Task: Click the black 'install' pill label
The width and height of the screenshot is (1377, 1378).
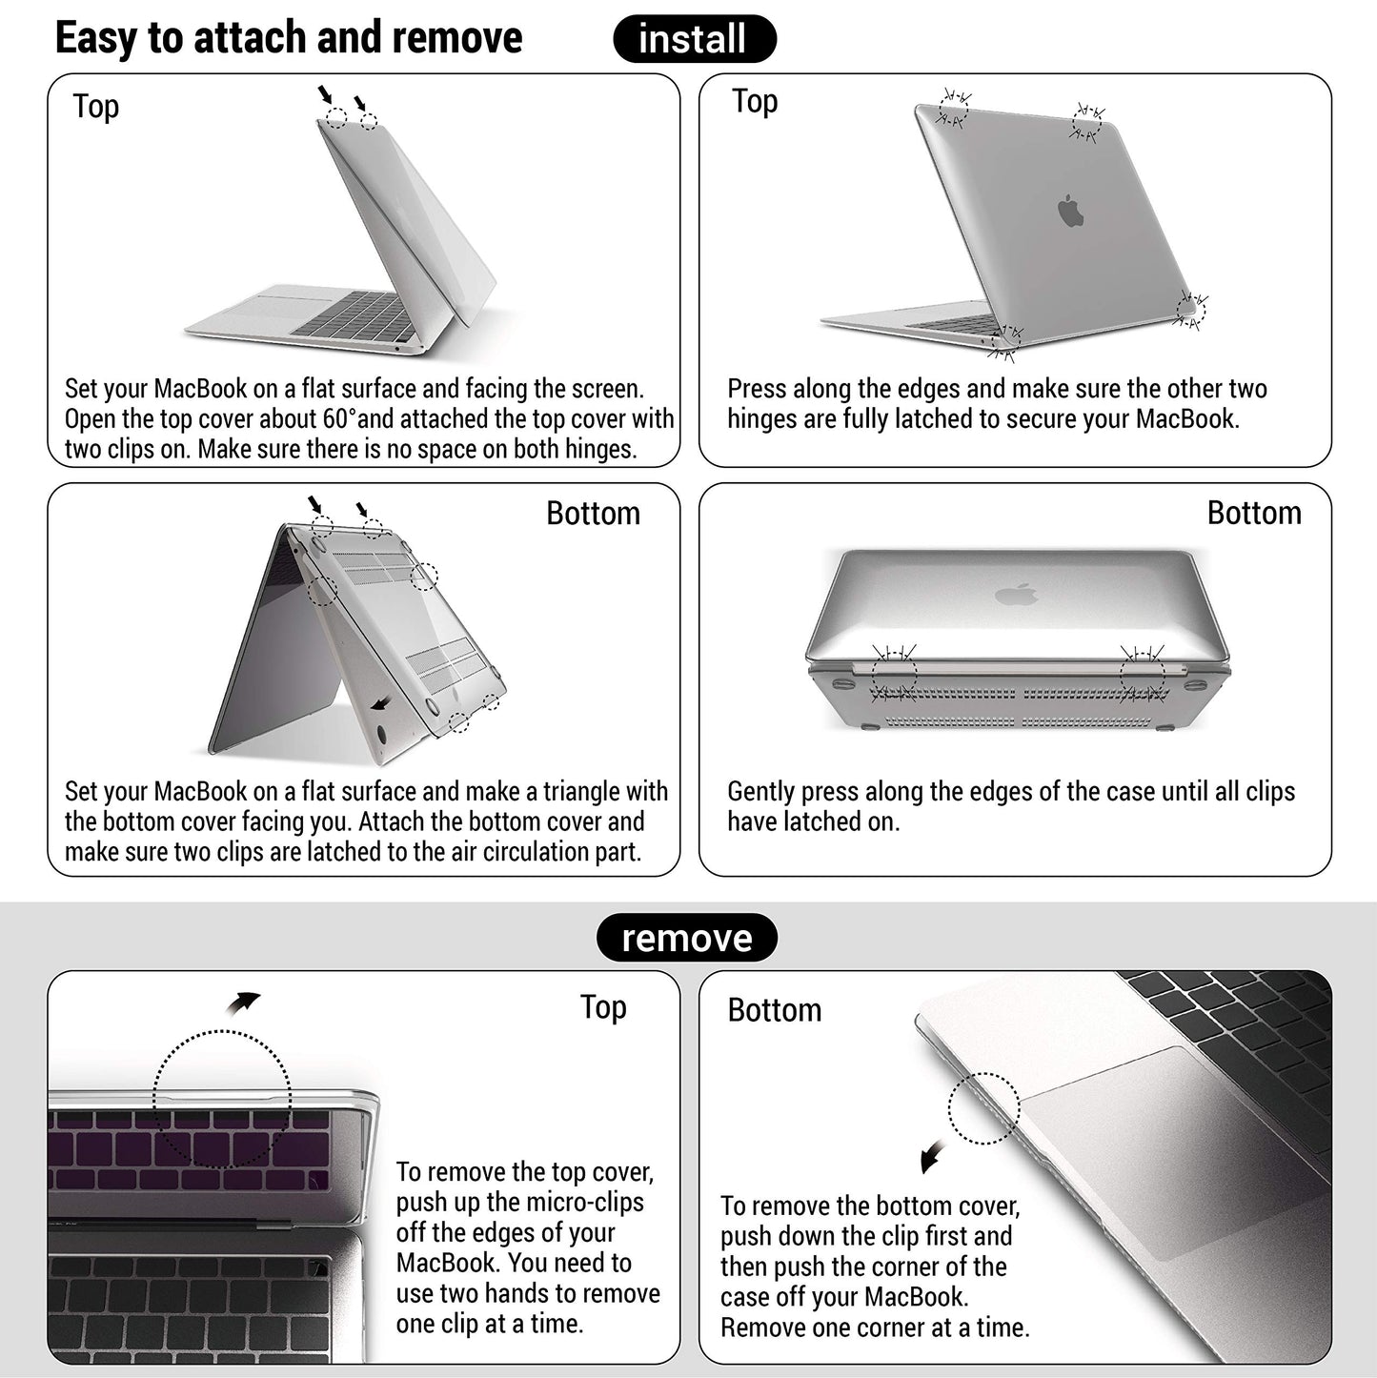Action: coord(694,39)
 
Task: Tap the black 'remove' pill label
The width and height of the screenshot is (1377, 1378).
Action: coord(686,938)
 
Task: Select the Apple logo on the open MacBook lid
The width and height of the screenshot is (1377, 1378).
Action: coord(1071,211)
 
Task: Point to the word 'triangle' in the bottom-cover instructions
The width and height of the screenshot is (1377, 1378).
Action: coord(577,792)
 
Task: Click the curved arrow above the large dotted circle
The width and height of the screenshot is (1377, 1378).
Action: coord(244,1003)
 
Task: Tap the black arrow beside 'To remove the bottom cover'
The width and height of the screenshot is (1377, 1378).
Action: coord(932,1156)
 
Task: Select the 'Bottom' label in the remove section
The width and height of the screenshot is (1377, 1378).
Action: coord(774,1010)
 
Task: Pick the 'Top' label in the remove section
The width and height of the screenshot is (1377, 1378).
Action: coord(603,1007)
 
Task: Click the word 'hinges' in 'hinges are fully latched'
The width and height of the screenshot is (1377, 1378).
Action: coord(761,419)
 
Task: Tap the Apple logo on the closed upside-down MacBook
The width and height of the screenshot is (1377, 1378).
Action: coord(1016,596)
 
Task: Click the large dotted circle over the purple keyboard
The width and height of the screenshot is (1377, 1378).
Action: coord(222,1099)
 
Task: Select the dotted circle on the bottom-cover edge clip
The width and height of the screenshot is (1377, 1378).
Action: coord(983,1108)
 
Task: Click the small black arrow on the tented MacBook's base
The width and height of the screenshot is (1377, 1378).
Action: coord(381,703)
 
